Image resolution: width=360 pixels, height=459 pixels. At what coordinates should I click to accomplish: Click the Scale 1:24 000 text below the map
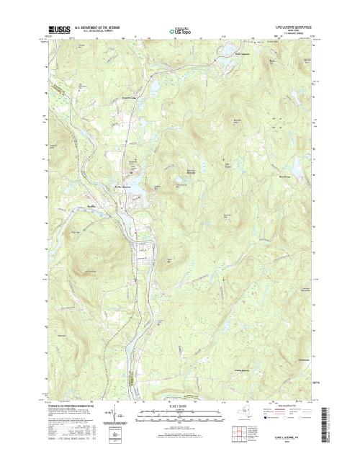pos(180,406)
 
